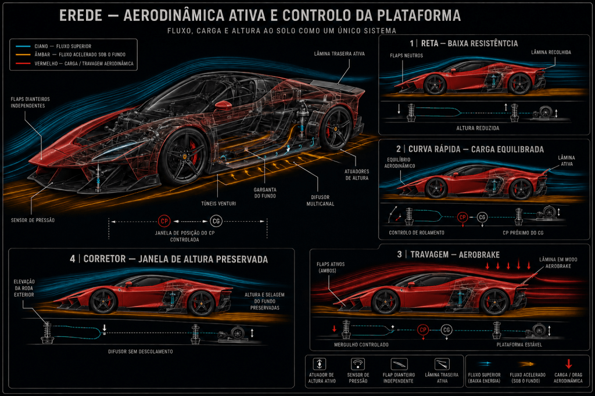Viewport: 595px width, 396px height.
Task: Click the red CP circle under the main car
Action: click(x=164, y=221)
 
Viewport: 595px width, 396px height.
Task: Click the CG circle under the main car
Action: click(x=216, y=221)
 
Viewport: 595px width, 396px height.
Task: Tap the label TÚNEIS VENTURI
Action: click(x=218, y=204)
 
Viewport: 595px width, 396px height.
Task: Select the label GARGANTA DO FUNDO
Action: click(x=265, y=193)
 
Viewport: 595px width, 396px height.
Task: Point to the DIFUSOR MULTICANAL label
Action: click(x=320, y=200)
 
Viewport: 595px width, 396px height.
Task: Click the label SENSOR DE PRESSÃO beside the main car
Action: click(x=33, y=220)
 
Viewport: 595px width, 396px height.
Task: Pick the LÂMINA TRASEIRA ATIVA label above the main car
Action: click(x=339, y=54)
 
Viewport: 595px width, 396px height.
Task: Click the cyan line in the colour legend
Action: click(x=23, y=46)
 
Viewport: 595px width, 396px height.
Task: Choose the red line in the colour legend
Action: click(x=23, y=63)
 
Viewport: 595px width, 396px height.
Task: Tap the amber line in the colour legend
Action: click(x=23, y=55)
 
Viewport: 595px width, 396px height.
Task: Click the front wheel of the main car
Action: click(x=184, y=156)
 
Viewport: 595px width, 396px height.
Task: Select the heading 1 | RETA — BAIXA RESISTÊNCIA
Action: click(x=464, y=43)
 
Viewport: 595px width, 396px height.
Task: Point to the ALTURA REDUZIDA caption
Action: click(x=478, y=128)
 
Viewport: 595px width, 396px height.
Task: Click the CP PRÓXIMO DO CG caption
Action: click(x=523, y=232)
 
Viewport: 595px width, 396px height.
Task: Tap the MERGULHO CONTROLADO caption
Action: click(x=361, y=345)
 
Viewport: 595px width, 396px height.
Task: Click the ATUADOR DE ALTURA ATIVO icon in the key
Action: click(x=320, y=363)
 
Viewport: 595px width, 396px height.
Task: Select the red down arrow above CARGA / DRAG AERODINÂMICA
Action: click(x=568, y=363)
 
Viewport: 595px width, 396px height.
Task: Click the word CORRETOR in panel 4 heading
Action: click(x=105, y=259)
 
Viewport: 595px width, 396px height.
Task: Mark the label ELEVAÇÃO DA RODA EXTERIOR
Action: click(x=24, y=288)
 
